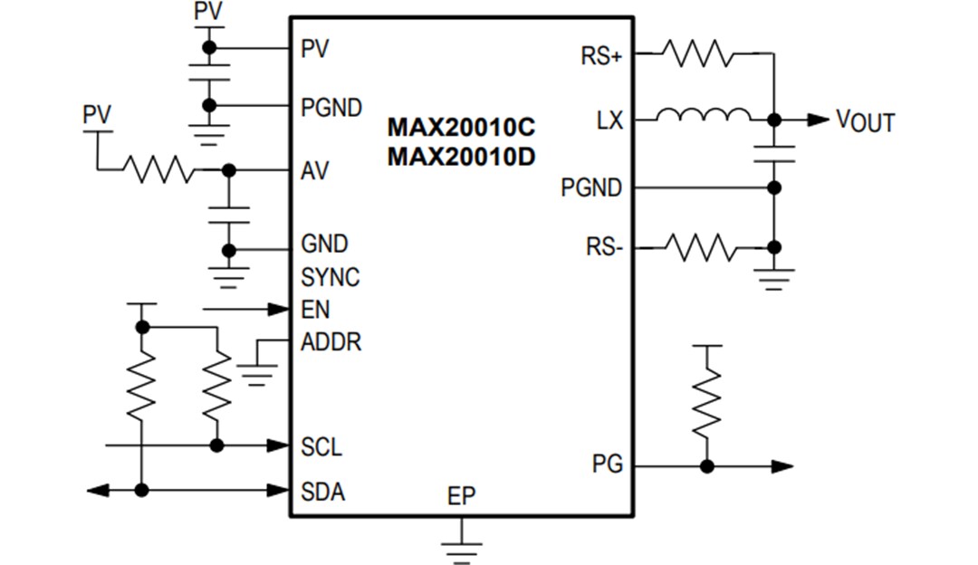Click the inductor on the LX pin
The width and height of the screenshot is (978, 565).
[703, 116]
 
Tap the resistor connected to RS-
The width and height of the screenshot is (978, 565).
[698, 246]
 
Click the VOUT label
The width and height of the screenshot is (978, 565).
[866, 120]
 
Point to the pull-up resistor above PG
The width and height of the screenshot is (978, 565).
[707, 404]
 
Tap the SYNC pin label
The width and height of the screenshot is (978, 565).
[330, 277]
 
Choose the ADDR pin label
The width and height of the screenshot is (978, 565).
[331, 343]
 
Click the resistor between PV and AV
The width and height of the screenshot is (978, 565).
[158, 169]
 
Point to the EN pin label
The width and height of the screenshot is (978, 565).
[316, 310]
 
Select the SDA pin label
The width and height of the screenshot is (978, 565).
[322, 492]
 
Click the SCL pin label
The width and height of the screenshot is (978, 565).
[321, 447]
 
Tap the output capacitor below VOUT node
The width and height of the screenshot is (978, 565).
[773, 154]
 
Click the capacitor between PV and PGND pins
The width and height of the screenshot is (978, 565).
[209, 72]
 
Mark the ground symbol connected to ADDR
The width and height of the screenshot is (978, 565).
[259, 372]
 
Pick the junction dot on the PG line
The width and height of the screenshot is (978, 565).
[707, 466]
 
